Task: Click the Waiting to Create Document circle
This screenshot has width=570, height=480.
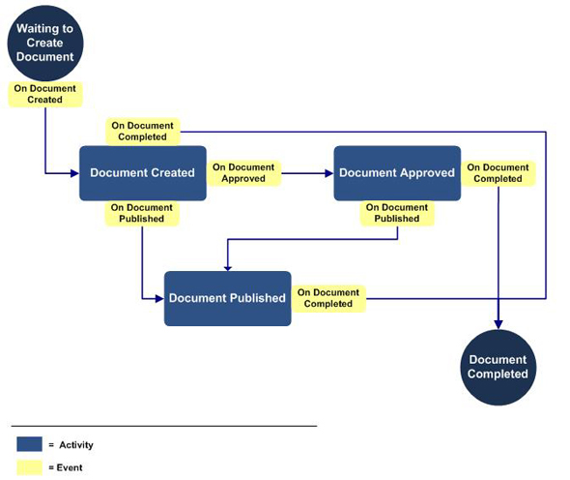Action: click(45, 43)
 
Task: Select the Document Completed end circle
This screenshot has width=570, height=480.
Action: click(498, 367)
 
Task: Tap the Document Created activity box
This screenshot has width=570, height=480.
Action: click(143, 173)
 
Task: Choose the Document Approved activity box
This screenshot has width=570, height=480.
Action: click(397, 173)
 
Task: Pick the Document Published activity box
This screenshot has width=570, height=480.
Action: click(228, 298)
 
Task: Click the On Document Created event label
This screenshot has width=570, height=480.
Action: click(45, 94)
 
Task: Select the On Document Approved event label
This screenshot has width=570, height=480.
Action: click(243, 173)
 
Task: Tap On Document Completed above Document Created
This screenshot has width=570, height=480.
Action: click(143, 132)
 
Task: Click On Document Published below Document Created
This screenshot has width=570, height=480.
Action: click(142, 214)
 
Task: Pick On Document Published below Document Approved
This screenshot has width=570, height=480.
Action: click(397, 213)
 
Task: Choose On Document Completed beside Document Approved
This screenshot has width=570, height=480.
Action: click(498, 173)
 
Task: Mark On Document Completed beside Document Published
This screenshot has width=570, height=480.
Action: click(328, 298)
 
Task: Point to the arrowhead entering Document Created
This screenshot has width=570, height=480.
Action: click(75, 173)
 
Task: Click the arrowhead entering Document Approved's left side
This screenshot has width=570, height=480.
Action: click(329, 173)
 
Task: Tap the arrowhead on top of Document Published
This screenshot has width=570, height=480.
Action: click(228, 268)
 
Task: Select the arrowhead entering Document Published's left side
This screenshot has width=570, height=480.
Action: click(159, 299)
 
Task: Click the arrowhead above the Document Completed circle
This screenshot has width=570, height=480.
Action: click(499, 324)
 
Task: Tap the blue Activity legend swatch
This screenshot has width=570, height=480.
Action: click(29, 444)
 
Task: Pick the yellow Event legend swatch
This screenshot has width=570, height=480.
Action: click(29, 467)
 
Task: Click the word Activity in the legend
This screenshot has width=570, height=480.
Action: click(76, 444)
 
